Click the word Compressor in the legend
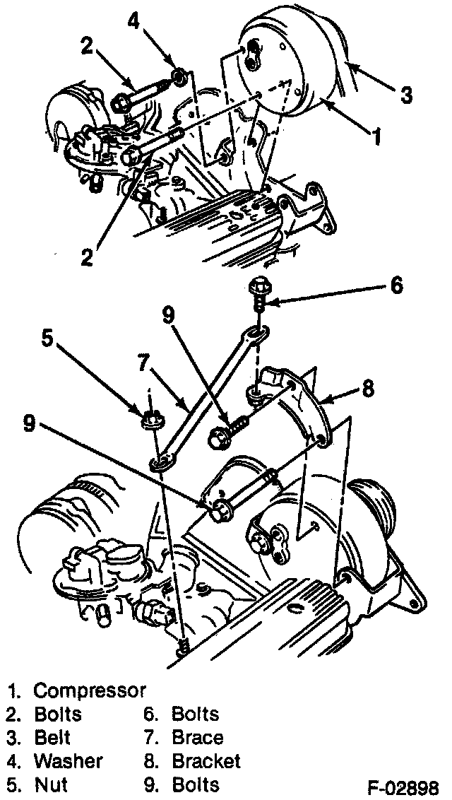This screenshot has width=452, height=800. click(x=90, y=690)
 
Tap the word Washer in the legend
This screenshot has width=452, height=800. click(x=68, y=761)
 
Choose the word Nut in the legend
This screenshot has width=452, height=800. click(x=50, y=784)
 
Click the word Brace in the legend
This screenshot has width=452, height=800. click(x=198, y=738)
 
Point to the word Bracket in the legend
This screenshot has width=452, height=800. click(x=206, y=761)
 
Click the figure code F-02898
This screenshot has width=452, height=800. click(x=408, y=787)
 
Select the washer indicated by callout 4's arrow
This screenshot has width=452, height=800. click(x=179, y=74)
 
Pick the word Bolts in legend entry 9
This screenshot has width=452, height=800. click(x=196, y=784)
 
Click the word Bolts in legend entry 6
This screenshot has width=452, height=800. click(x=196, y=714)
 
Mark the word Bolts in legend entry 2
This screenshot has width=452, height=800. click(x=58, y=714)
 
